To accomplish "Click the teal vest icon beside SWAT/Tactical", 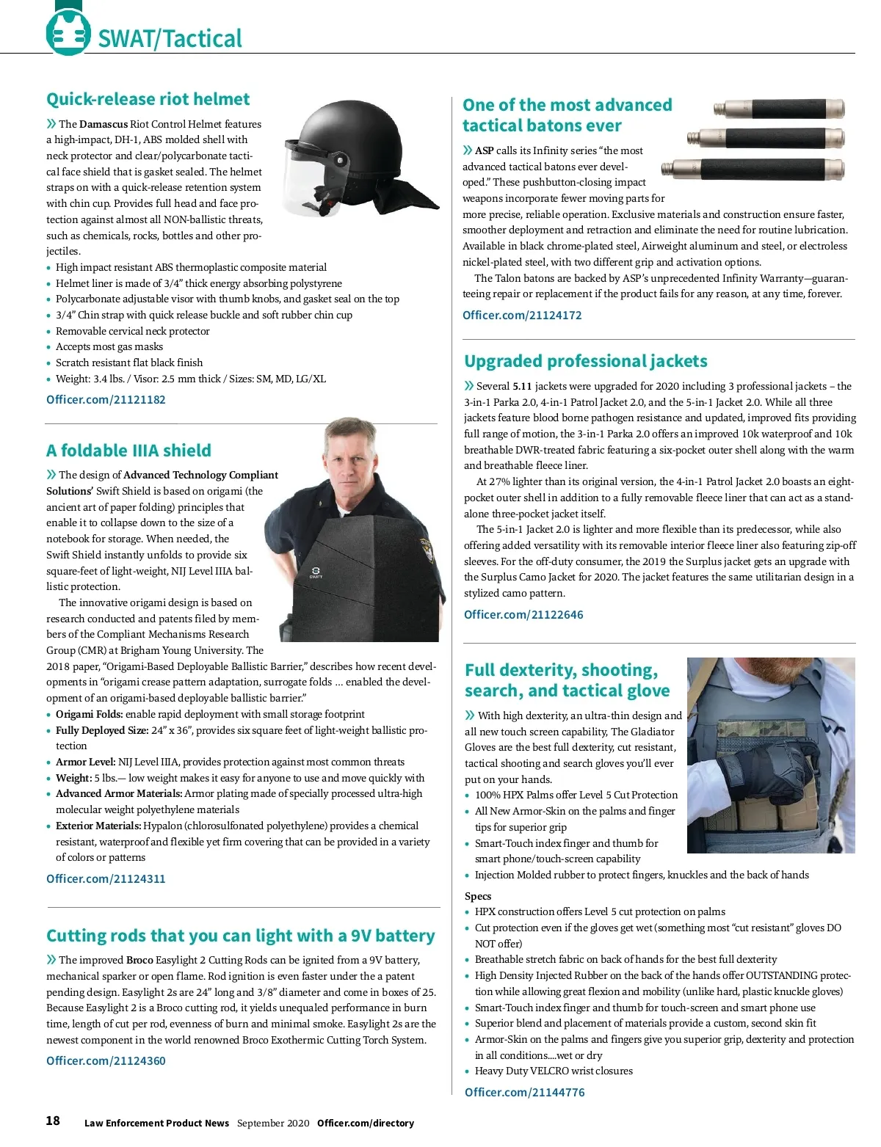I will (68, 33).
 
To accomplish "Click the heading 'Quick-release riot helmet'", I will (148, 99).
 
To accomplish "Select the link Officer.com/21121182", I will (106, 400).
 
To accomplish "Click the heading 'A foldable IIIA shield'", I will (128, 451).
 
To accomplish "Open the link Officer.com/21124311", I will (106, 878).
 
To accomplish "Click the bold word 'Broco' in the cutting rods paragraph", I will (139, 960).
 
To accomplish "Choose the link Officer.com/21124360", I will (106, 1061).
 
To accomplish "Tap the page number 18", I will (53, 1121).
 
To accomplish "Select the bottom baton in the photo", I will (753, 169).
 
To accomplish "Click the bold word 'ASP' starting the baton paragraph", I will (484, 150).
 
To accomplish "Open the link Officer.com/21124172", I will (522, 316).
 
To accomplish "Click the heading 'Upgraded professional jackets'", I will (586, 361).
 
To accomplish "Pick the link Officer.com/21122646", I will (523, 615).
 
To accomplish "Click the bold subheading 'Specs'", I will (478, 896).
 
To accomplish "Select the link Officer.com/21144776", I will (525, 1093).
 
